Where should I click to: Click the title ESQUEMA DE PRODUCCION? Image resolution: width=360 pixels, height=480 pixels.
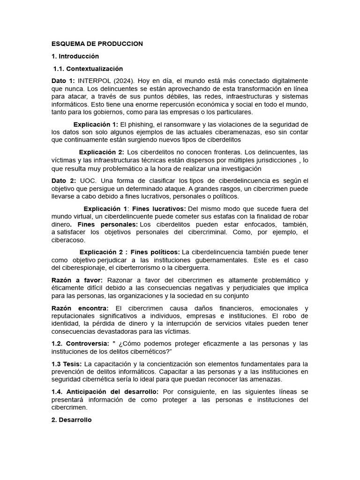pyautogui.click(x=97, y=44)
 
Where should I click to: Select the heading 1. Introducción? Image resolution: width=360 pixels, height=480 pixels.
pyautogui.click(x=75, y=56)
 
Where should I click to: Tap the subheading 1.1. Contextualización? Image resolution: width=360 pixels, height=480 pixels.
pyautogui.click(x=88, y=68)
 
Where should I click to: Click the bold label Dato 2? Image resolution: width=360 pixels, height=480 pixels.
pyautogui.click(x=63, y=180)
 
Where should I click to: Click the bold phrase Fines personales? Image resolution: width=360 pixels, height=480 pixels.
pyautogui.click(x=101, y=224)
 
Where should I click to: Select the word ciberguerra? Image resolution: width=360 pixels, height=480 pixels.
pyautogui.click(x=193, y=268)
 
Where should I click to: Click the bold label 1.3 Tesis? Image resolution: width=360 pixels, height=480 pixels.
pyautogui.click(x=67, y=364)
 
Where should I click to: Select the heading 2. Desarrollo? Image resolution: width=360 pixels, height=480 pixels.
pyautogui.click(x=72, y=420)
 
